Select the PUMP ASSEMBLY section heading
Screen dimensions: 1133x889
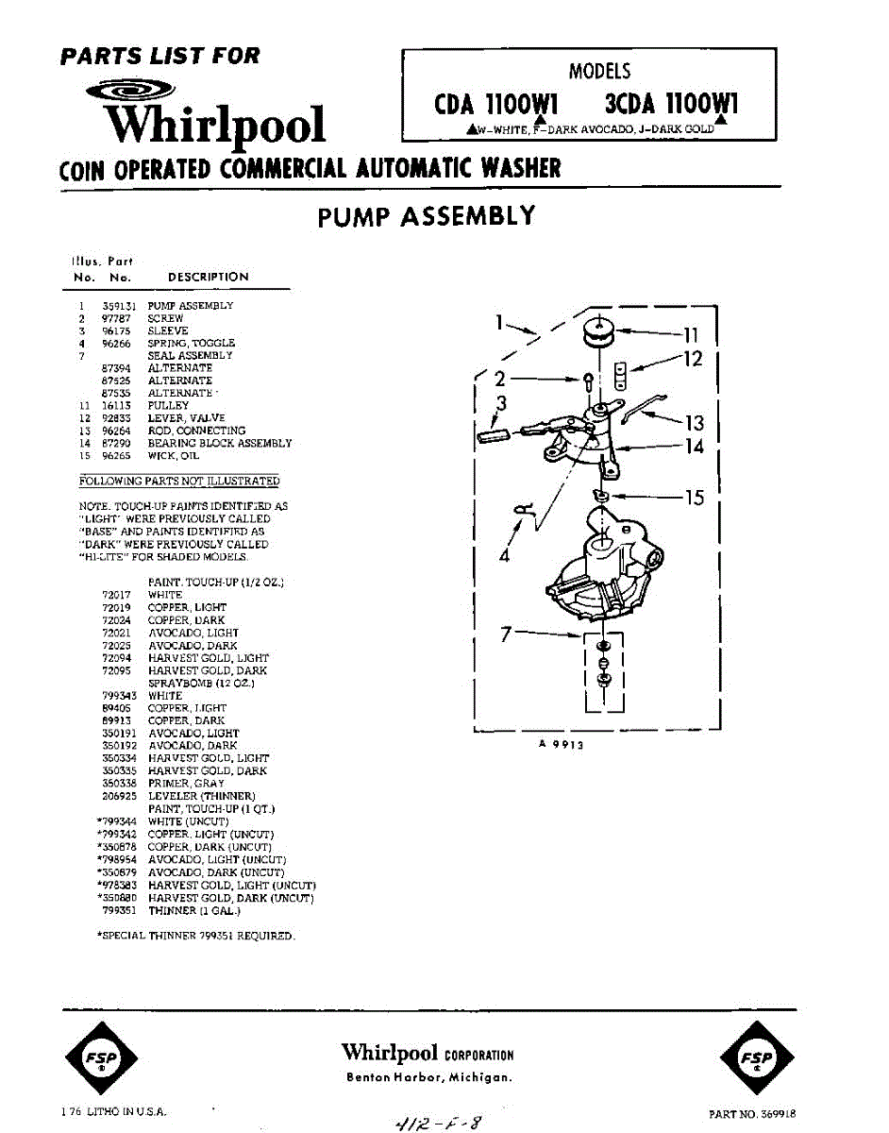pyautogui.click(x=427, y=217)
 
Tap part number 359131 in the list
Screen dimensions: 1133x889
pyautogui.click(x=117, y=306)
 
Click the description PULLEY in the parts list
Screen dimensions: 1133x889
pyautogui.click(x=168, y=405)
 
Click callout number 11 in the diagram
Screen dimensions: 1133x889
pyautogui.click(x=691, y=333)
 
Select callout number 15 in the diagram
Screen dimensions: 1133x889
pyautogui.click(x=694, y=497)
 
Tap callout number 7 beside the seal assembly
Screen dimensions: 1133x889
pyautogui.click(x=506, y=635)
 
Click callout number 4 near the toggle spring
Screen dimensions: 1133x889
pyautogui.click(x=504, y=556)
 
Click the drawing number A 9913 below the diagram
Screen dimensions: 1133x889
pyautogui.click(x=562, y=744)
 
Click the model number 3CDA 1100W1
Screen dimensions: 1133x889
pyautogui.click(x=672, y=104)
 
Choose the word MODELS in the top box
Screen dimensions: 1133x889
pyautogui.click(x=599, y=71)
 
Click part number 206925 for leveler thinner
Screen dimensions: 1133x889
pyautogui.click(x=120, y=797)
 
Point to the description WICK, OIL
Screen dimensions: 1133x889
pyautogui.click(x=174, y=455)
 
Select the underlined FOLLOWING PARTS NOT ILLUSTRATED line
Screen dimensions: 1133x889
pyautogui.click(x=179, y=482)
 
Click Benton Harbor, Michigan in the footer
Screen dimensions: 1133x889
pyautogui.click(x=429, y=1078)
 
